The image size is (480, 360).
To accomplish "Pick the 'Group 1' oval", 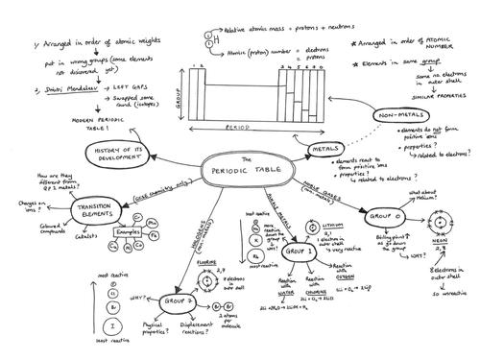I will (294, 252).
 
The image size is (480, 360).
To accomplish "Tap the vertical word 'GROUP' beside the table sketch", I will (179, 93).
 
